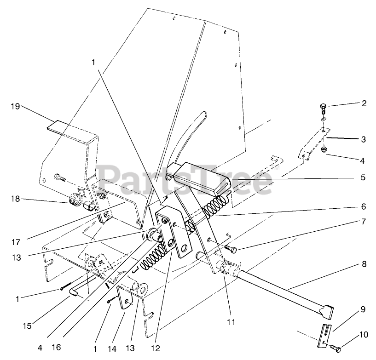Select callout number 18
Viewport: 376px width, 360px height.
[x=15, y=199]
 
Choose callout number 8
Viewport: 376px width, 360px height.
[x=363, y=264]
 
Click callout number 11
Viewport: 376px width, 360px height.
[x=231, y=322]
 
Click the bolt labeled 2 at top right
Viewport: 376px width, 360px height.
[x=323, y=109]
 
